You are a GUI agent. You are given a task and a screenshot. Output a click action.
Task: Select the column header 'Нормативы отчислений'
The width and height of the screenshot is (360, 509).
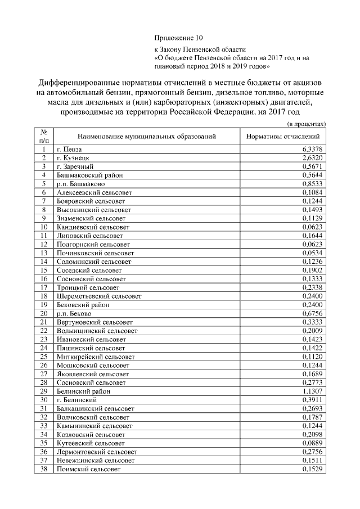(x=283, y=136)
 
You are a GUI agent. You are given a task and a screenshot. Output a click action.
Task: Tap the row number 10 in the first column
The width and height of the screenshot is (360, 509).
(x=43, y=227)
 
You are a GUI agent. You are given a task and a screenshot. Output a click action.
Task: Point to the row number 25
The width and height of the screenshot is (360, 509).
(x=43, y=357)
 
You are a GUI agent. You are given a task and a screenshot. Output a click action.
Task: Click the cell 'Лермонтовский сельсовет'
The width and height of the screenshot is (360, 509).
(x=97, y=452)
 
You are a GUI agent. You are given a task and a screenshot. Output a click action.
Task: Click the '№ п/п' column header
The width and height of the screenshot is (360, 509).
(x=43, y=136)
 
